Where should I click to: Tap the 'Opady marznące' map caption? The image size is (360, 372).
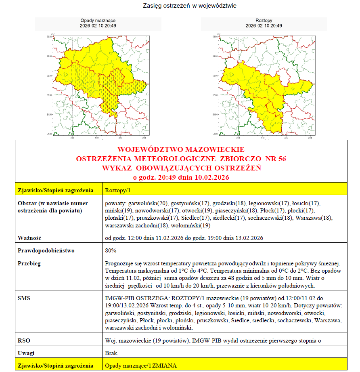(98, 20)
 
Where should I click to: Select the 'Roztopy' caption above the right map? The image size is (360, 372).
(264, 20)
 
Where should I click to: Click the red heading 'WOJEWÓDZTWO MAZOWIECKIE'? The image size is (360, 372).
(180, 149)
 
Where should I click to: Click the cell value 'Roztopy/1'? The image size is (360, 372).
(117, 190)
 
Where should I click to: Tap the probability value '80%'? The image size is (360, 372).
(111, 251)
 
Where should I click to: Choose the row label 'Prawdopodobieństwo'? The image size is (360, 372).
(46, 251)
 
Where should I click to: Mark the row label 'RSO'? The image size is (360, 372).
(24, 340)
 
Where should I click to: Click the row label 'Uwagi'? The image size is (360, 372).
(27, 353)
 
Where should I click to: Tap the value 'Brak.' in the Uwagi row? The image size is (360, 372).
(111, 353)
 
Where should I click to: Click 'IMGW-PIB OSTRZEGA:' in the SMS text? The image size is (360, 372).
(128, 298)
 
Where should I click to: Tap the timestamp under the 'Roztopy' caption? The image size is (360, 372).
(264, 26)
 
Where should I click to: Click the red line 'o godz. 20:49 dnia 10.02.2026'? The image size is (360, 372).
(180, 177)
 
